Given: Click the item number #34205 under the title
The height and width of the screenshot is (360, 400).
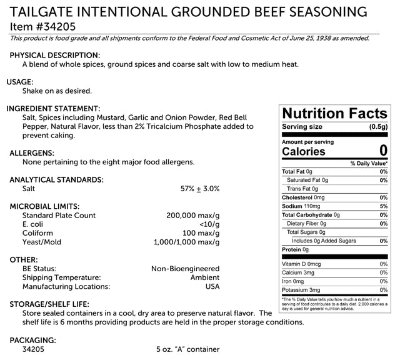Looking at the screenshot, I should [x=37, y=26].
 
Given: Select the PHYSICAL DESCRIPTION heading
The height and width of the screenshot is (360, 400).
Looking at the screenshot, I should [x=55, y=55].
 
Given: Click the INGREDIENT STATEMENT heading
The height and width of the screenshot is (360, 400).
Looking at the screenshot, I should [x=53, y=108].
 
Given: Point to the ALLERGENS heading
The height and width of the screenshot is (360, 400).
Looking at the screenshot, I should [x=32, y=152].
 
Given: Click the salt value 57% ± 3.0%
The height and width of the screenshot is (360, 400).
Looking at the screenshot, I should [x=199, y=188].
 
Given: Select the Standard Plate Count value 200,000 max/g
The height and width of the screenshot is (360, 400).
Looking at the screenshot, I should [x=184, y=215].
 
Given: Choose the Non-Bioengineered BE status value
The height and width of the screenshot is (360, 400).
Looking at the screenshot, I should [x=185, y=269].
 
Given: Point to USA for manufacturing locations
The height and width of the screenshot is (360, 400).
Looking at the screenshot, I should [x=212, y=286].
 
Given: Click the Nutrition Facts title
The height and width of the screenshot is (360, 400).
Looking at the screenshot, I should [x=334, y=113].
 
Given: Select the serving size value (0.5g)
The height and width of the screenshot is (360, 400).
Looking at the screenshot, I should [x=378, y=127].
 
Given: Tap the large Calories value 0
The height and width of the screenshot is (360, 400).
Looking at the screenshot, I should [x=382, y=151].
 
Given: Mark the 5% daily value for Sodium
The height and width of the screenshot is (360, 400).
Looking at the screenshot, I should [x=383, y=206].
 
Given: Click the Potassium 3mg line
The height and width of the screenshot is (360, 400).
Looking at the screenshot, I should [x=301, y=290].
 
